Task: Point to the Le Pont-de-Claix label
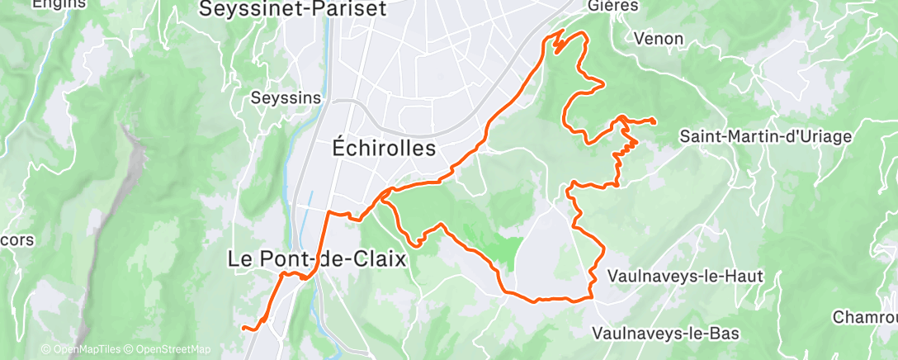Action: click(x=317, y=258)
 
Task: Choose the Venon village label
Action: click(x=659, y=39)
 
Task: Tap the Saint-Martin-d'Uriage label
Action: click(x=764, y=137)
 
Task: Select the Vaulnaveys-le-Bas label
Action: click(x=666, y=334)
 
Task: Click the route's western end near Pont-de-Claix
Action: click(x=243, y=329)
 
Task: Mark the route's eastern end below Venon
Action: click(x=655, y=122)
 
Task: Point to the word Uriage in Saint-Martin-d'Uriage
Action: click(x=819, y=137)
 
